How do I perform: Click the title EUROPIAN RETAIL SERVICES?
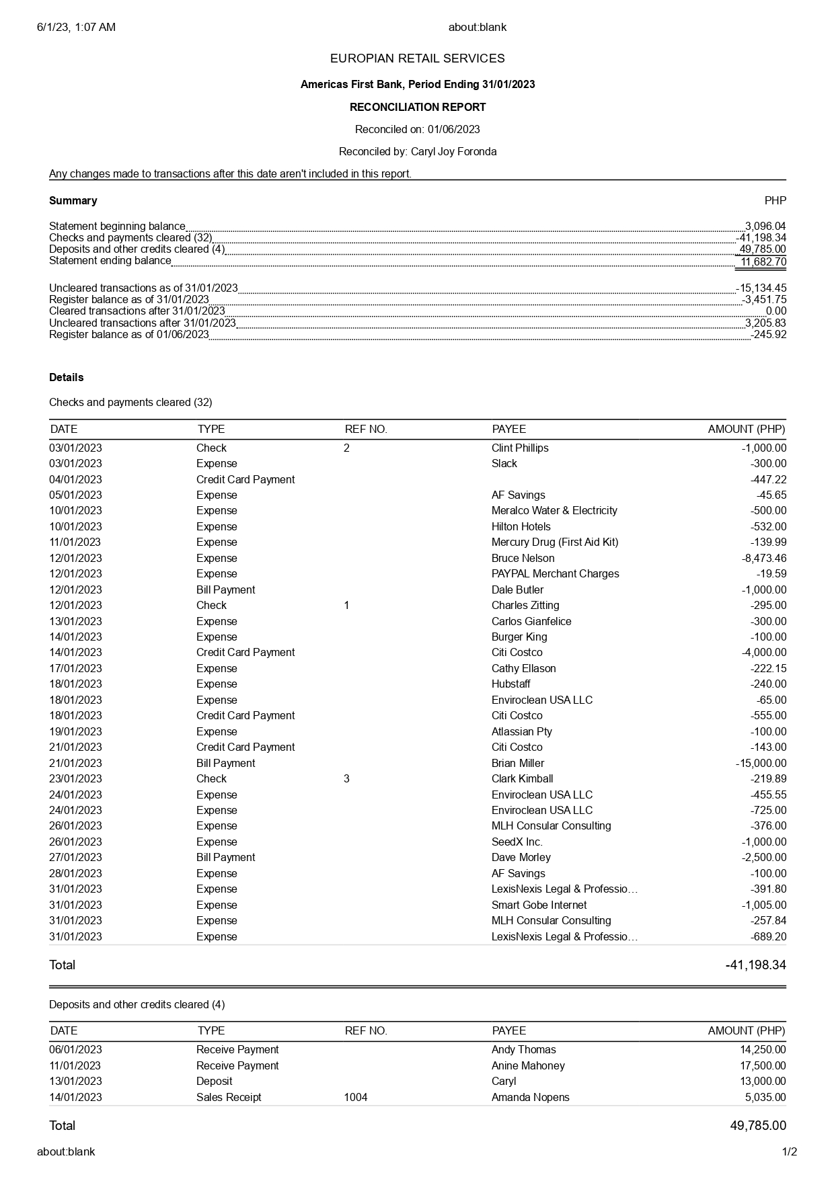(x=417, y=58)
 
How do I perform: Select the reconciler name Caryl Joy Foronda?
(x=453, y=151)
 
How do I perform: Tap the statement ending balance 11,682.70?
(x=763, y=261)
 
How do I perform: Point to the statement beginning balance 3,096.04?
(x=765, y=226)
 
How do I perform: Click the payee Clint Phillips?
(x=520, y=448)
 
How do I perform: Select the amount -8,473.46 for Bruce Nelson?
(x=763, y=558)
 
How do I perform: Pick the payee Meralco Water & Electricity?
(x=554, y=510)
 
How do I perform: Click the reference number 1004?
(x=356, y=1097)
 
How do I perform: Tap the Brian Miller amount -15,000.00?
(x=761, y=763)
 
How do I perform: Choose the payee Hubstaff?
(x=510, y=684)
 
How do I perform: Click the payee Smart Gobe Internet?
(x=539, y=905)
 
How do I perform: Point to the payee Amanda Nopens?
(x=530, y=1097)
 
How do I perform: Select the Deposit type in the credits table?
(x=214, y=1081)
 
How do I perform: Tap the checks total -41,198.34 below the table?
(x=755, y=965)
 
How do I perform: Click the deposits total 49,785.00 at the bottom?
(x=757, y=1125)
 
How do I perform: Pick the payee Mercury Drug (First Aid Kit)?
(x=555, y=542)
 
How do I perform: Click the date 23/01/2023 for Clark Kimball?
(x=75, y=778)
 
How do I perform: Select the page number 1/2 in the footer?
(x=789, y=1151)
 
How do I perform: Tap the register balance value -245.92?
(x=768, y=334)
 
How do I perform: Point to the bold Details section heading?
(x=66, y=377)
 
